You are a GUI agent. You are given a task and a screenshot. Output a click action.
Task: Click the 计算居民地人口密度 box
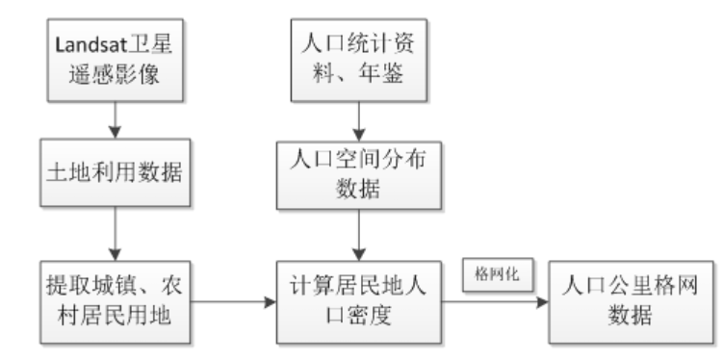click(358, 300)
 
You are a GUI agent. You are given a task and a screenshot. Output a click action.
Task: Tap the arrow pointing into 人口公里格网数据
click(497, 300)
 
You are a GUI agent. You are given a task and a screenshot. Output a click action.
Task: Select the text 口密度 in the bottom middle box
click(358, 315)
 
